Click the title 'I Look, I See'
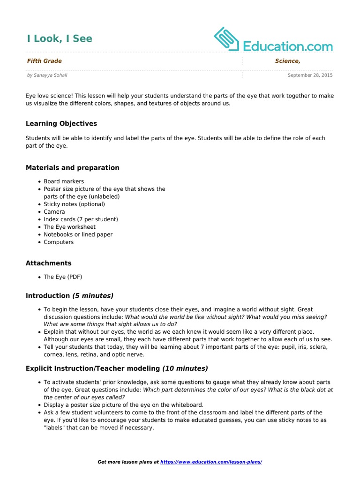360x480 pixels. pos(59,39)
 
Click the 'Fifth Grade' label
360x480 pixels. pos(44,61)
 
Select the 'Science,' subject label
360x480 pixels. pos(287,61)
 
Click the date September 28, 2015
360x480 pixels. pos(310,75)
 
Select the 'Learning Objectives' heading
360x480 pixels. pos(61,124)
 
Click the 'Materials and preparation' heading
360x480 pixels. pos(72,168)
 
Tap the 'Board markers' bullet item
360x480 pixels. pos(64,181)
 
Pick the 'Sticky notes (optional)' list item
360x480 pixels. pos(74,204)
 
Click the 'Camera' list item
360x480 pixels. pos(54,212)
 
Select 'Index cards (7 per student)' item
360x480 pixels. pos(81,219)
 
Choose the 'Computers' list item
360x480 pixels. pos(59,242)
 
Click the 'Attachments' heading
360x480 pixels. pos(48,263)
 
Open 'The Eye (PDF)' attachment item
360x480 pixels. pos(63,277)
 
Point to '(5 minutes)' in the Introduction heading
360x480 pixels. pos(92,296)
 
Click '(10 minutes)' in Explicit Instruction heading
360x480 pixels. pos(185,368)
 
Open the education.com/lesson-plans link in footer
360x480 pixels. pos(211,462)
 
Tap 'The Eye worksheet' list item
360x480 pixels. pos(69,227)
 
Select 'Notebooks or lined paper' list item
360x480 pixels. pos(78,234)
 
